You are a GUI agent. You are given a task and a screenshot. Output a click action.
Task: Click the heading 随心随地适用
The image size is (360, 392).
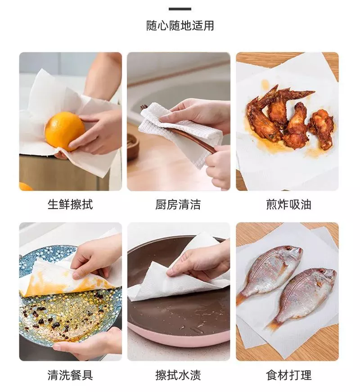tap(180, 26)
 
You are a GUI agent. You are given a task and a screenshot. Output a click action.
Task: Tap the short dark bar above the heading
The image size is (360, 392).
tap(180, 9)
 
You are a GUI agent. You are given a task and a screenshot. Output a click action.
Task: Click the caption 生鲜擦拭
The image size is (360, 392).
tap(70, 205)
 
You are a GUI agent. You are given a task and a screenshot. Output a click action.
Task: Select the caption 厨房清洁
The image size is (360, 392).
tap(178, 205)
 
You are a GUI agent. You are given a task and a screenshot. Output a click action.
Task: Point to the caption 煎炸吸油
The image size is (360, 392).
tap(288, 205)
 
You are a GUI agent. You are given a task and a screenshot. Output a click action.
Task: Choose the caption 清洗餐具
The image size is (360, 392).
tap(70, 375)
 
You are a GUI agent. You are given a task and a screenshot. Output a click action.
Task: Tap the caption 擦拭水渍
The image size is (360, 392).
tap(178, 375)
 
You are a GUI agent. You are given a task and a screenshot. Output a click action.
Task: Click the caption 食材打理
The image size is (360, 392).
tap(288, 375)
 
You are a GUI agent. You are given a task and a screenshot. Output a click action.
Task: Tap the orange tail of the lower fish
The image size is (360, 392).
tap(273, 324)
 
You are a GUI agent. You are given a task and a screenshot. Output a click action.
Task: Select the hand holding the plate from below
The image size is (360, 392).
tap(87, 344)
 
